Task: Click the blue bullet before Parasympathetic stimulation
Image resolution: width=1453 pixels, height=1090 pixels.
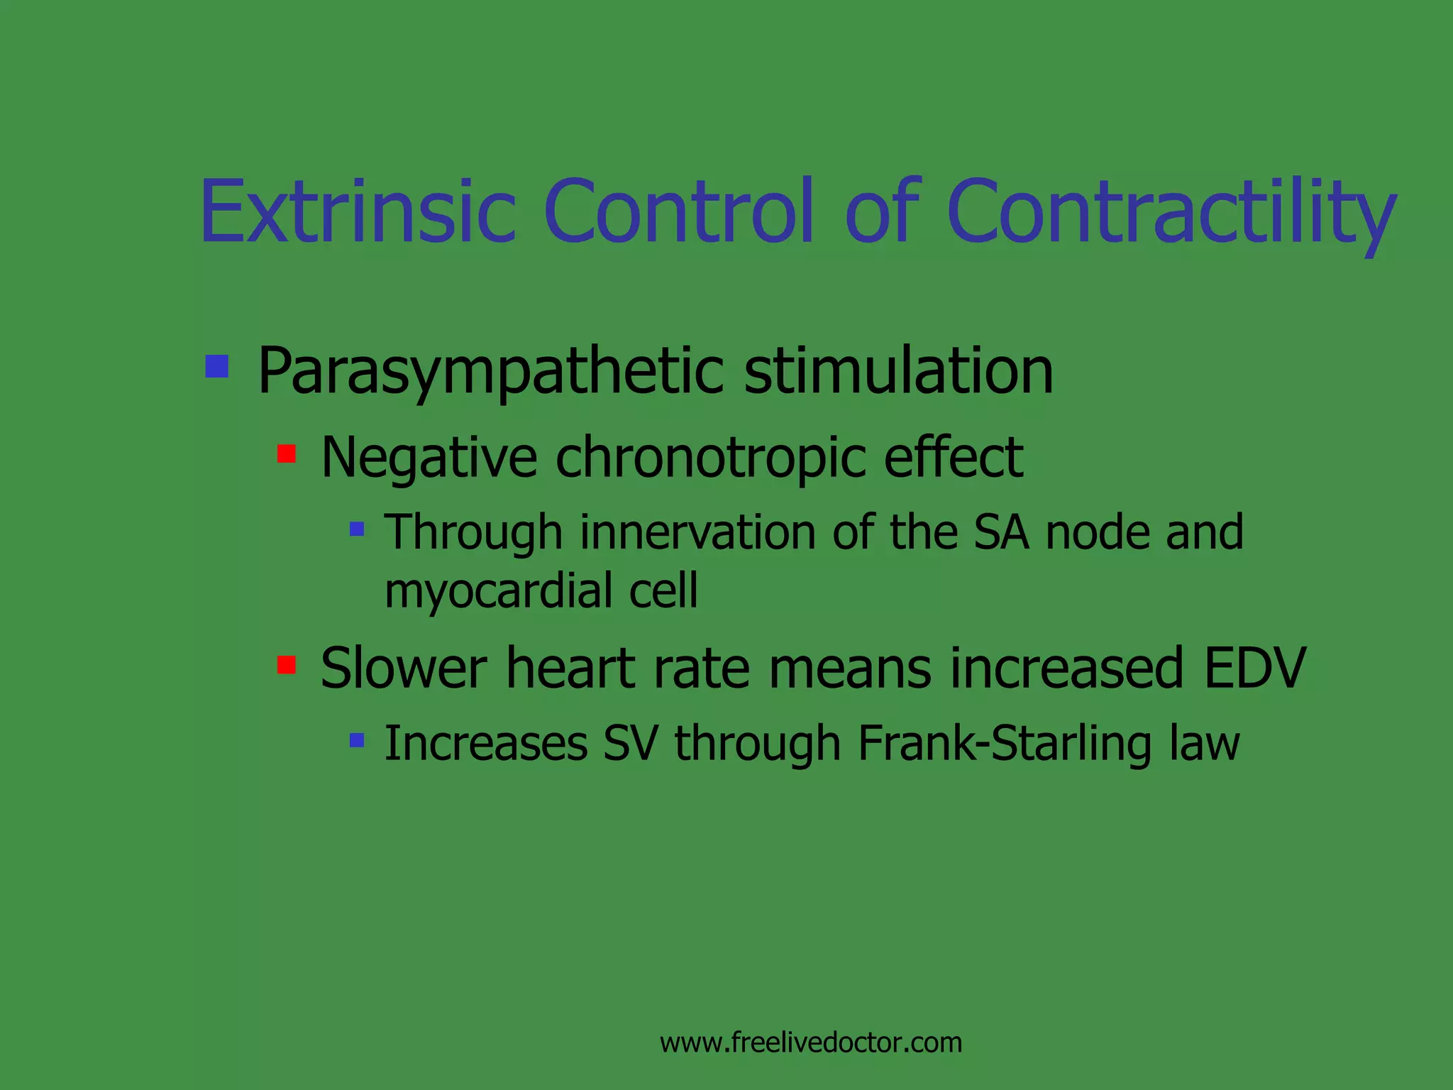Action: coord(217,366)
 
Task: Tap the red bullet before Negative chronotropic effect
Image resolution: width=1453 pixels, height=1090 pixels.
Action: coord(287,453)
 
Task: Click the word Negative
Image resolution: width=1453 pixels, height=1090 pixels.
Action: coord(429,458)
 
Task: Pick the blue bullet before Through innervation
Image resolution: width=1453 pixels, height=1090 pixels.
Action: coord(357,529)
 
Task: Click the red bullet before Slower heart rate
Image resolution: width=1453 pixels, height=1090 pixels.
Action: coord(287,665)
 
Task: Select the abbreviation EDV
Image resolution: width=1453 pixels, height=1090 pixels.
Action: coord(1254,668)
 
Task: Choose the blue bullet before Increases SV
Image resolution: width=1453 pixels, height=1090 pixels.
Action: coord(357,741)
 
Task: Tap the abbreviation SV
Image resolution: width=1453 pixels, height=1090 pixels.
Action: coord(630,743)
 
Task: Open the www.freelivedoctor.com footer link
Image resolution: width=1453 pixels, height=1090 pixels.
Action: coord(810,1042)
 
